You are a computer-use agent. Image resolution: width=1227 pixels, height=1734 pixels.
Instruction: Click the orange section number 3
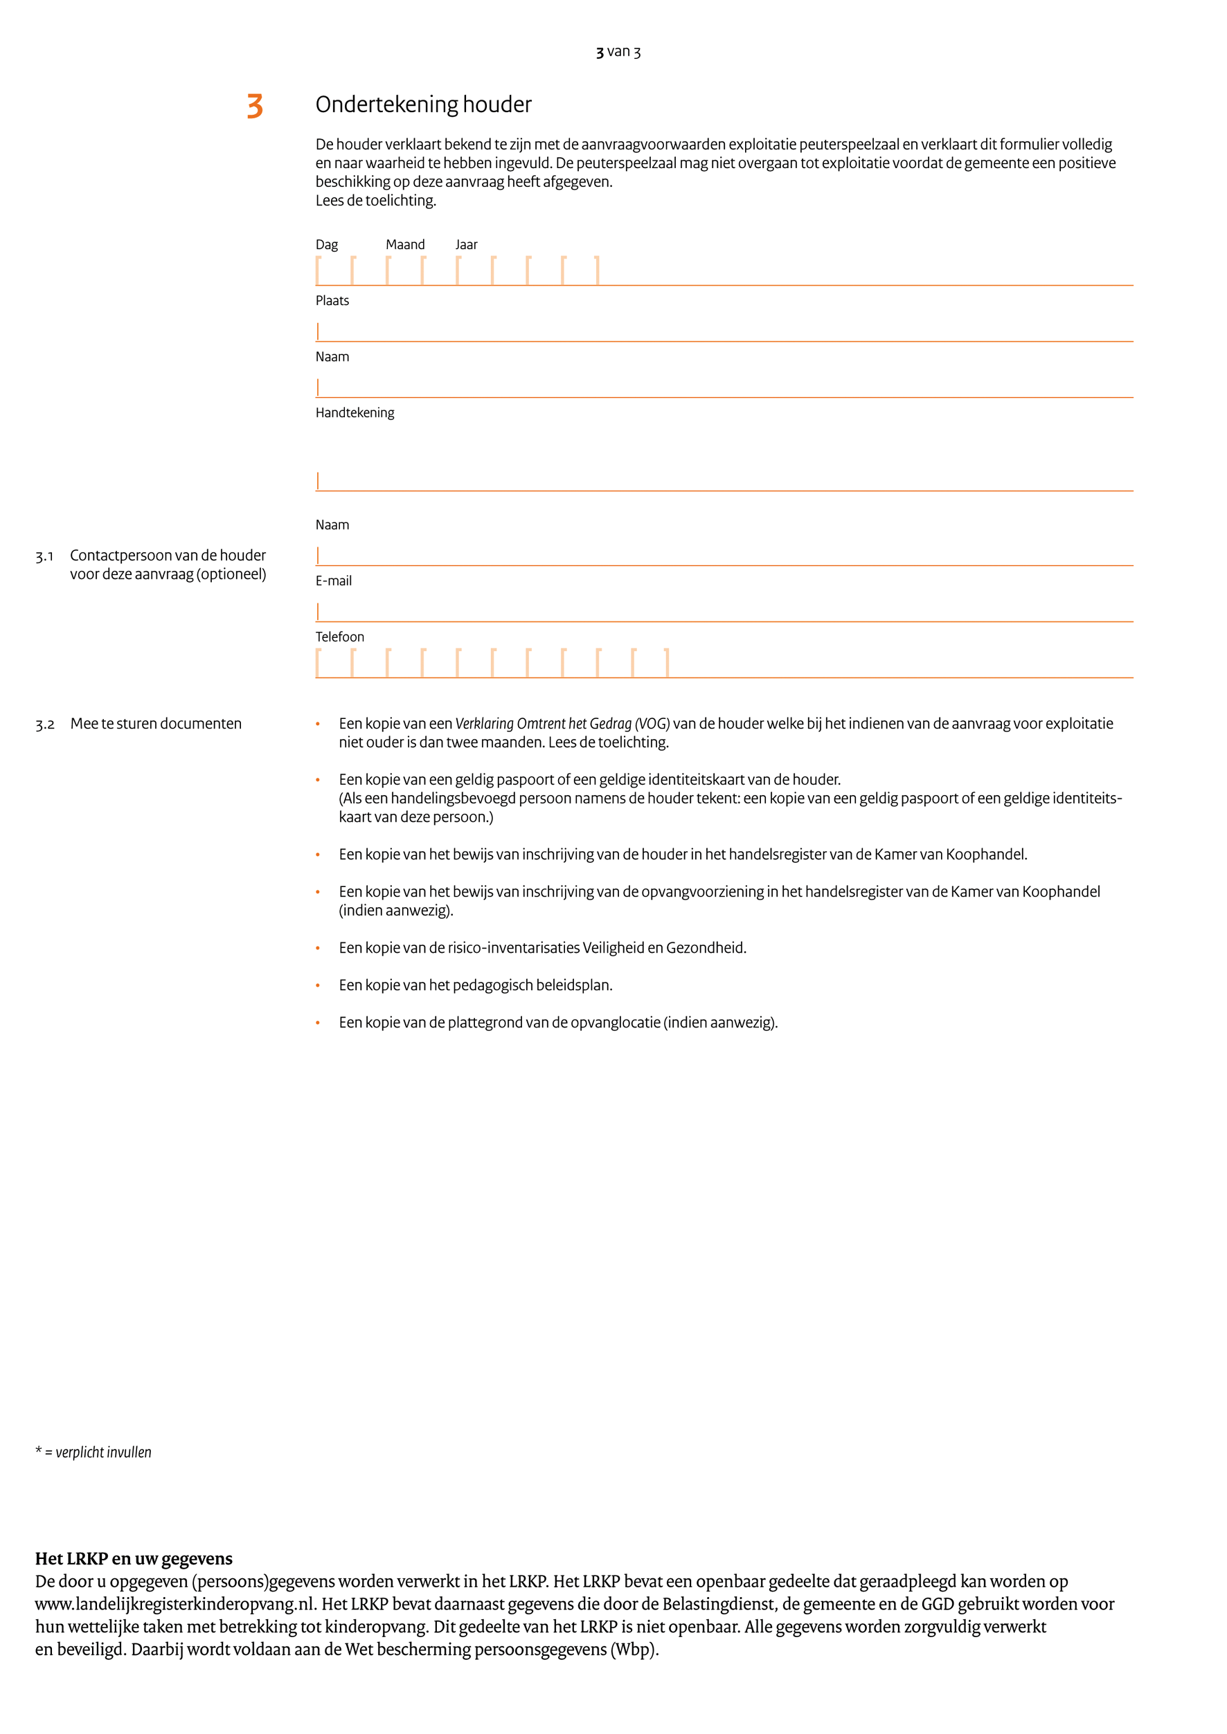click(255, 106)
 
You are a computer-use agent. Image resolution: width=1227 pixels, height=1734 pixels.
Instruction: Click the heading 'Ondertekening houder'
click(423, 104)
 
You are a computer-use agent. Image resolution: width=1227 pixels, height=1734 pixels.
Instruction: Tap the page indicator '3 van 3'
click(618, 51)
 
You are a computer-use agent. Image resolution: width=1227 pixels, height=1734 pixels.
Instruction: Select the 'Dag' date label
click(326, 245)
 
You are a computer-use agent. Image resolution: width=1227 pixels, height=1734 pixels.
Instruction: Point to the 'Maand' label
click(405, 245)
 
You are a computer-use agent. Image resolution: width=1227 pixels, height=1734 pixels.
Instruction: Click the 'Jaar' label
click(466, 245)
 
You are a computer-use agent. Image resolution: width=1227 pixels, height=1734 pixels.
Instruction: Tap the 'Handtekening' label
click(355, 412)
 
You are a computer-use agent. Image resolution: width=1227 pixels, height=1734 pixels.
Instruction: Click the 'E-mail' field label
click(333, 581)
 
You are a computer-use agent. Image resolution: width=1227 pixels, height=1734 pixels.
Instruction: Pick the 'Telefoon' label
click(339, 637)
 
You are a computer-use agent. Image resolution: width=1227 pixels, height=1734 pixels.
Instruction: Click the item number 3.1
click(44, 556)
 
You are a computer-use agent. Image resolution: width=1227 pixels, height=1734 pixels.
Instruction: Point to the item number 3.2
click(44, 724)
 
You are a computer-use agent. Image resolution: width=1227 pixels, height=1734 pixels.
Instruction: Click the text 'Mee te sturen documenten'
click(156, 724)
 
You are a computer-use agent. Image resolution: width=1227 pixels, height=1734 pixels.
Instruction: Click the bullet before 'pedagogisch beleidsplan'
click(318, 985)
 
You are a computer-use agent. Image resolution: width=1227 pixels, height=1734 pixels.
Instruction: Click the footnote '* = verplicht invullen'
click(93, 1452)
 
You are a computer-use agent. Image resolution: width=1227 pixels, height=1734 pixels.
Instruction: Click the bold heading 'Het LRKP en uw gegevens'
click(134, 1559)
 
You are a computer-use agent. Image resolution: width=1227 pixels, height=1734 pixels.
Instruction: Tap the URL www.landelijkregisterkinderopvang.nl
click(174, 1604)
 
